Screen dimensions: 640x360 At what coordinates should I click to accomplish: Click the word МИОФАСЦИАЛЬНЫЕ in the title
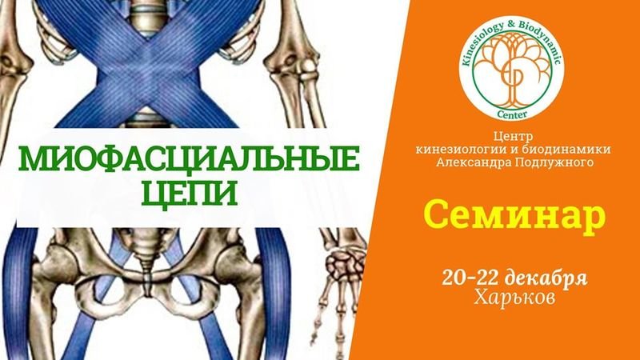coord(189,159)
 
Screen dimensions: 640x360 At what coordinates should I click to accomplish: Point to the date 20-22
coord(470,278)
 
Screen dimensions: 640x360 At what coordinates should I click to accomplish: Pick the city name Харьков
coord(514,298)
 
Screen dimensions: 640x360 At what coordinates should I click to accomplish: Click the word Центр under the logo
coord(513,136)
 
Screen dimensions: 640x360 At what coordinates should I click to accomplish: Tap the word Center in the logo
coord(512,114)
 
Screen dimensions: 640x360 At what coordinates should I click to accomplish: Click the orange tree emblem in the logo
coord(511,69)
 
